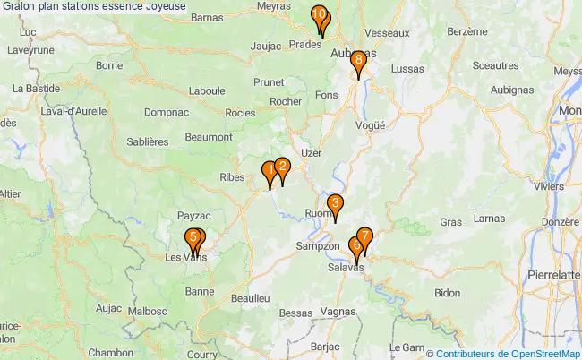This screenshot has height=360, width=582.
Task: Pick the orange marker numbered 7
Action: (364, 236)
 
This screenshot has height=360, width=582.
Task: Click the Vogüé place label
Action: (369, 126)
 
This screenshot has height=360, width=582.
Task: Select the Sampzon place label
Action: (317, 245)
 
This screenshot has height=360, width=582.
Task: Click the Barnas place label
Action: (207, 17)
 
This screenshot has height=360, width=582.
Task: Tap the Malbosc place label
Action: (148, 312)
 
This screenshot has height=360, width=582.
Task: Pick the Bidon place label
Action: (447, 293)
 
